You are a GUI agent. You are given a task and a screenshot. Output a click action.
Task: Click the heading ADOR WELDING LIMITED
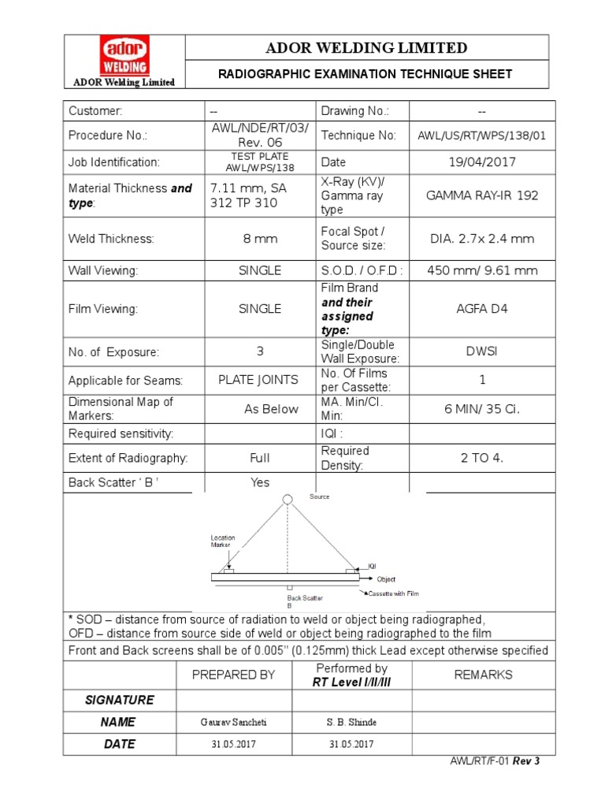click(366, 48)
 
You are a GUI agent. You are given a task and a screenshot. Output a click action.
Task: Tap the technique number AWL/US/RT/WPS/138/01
click(481, 136)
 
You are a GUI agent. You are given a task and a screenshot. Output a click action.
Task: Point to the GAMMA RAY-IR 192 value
click(481, 195)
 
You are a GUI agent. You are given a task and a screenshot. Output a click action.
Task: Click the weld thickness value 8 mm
click(260, 238)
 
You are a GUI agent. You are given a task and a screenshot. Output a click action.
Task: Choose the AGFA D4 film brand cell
click(481, 309)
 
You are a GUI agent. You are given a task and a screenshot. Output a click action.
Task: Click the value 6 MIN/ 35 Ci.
click(481, 409)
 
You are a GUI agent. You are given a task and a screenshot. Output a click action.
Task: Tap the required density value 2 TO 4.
click(481, 459)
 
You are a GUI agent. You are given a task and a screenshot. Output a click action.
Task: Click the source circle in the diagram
click(288, 498)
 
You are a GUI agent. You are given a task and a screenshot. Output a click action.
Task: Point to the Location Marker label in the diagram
click(222, 541)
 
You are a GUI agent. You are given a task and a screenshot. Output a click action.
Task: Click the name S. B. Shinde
click(351, 723)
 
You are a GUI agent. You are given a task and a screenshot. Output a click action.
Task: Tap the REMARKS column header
click(483, 675)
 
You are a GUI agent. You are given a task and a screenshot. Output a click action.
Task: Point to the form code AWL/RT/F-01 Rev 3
click(495, 762)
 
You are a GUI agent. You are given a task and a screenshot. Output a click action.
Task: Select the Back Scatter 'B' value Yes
click(260, 482)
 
